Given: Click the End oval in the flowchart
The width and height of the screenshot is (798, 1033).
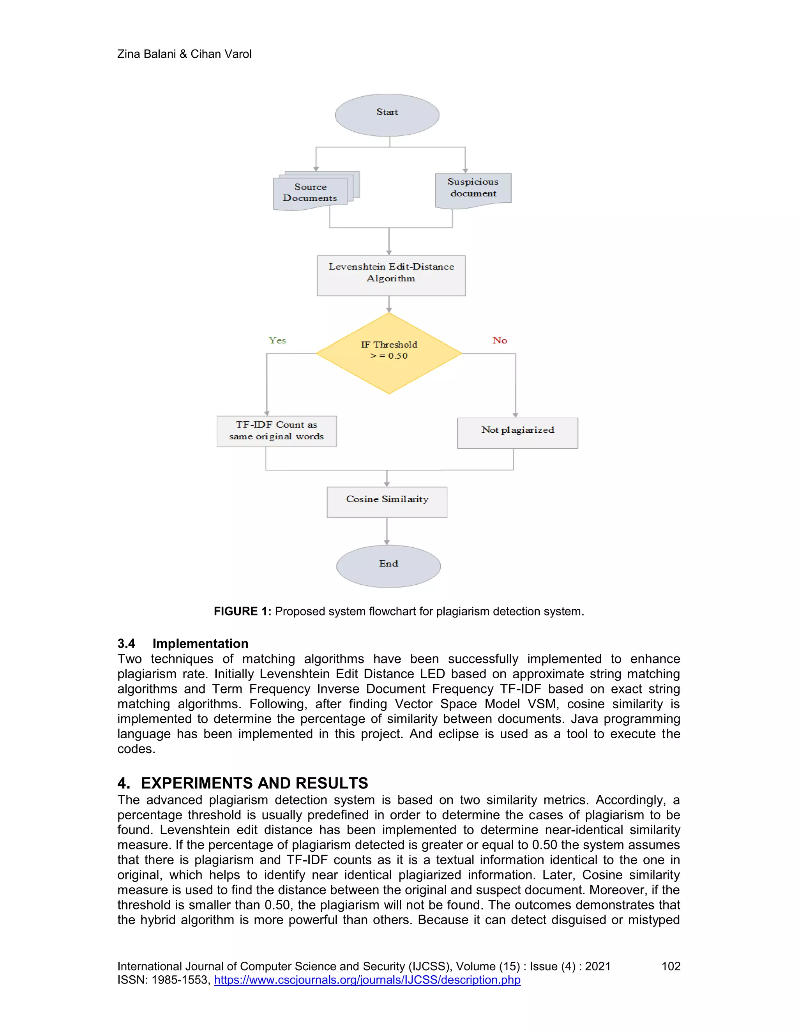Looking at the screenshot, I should tap(388, 566).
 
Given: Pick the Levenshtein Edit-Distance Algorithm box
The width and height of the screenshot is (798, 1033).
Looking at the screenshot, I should tap(391, 275).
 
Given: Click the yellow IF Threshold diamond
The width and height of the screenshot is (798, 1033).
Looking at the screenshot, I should tap(388, 353).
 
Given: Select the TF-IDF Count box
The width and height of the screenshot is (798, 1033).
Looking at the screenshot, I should tap(277, 431).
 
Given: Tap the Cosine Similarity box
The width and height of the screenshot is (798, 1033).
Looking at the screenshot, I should tap(387, 502).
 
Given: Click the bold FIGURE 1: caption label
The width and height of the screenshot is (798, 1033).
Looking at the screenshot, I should tap(242, 611).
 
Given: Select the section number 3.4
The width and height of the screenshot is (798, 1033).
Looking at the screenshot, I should tap(126, 643).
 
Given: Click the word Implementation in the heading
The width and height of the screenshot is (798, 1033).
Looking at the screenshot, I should tap(200, 643).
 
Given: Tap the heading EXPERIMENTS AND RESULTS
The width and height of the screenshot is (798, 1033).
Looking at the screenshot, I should tap(254, 783).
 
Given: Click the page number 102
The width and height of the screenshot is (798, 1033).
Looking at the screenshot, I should tap(670, 966).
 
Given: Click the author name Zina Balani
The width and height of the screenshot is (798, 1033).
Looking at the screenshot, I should tap(146, 54).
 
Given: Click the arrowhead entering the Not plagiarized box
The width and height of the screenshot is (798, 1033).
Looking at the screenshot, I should tap(515, 415).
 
